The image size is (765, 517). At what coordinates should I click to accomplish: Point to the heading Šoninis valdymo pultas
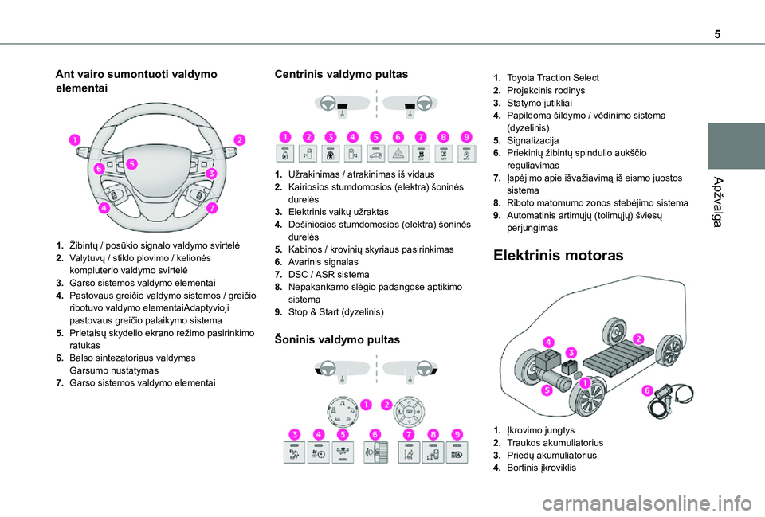pyautogui.click(x=337, y=339)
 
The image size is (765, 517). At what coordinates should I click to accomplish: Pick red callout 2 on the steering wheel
pyautogui.click(x=238, y=140)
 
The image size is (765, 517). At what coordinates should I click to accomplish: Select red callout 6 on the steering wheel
pyautogui.click(x=100, y=169)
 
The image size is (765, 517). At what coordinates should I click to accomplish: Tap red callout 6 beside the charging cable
pyautogui.click(x=646, y=390)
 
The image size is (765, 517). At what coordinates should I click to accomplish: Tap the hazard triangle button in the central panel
pyautogui.click(x=398, y=155)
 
